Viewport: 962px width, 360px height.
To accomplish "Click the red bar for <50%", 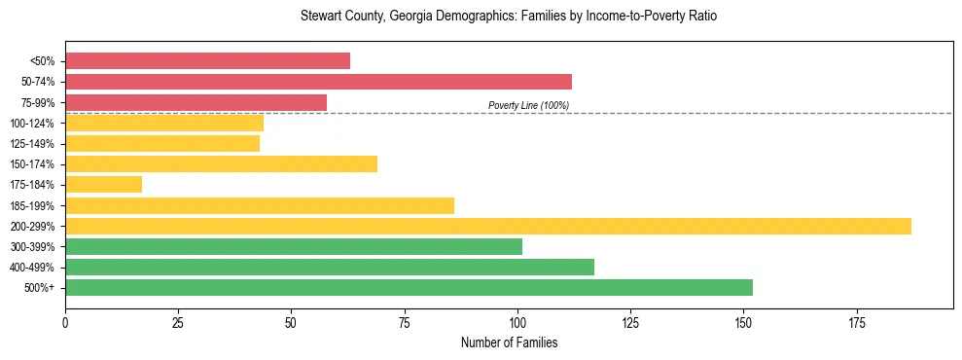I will pos(207,60).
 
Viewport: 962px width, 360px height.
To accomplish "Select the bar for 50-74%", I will pos(318,82).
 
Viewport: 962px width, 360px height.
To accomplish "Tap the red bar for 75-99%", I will pos(196,102).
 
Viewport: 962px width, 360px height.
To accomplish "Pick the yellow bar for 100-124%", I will pos(164,123).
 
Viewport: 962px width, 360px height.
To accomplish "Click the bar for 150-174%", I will pos(221,163).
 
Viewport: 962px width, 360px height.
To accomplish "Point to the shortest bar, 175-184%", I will pos(103,184).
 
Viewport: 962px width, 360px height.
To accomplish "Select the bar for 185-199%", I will pos(260,205).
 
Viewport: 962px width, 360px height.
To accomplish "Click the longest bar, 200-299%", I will pos(488,226).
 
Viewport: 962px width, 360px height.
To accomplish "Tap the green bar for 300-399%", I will pos(294,246).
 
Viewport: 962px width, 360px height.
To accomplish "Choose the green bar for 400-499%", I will pos(330,267).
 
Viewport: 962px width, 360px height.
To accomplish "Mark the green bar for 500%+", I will pos(409,288).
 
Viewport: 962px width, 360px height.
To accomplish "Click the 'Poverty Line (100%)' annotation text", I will pos(528,105).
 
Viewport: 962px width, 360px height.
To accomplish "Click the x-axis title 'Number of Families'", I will pos(509,342).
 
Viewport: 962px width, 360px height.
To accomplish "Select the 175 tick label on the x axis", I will pos(857,321).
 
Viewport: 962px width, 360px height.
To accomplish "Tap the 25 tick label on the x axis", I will pos(178,321).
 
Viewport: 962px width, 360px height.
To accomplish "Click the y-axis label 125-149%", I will pos(33,144).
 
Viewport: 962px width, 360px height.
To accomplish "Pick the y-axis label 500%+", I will pos(40,288).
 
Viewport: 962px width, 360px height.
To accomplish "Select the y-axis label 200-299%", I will pos(33,226).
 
